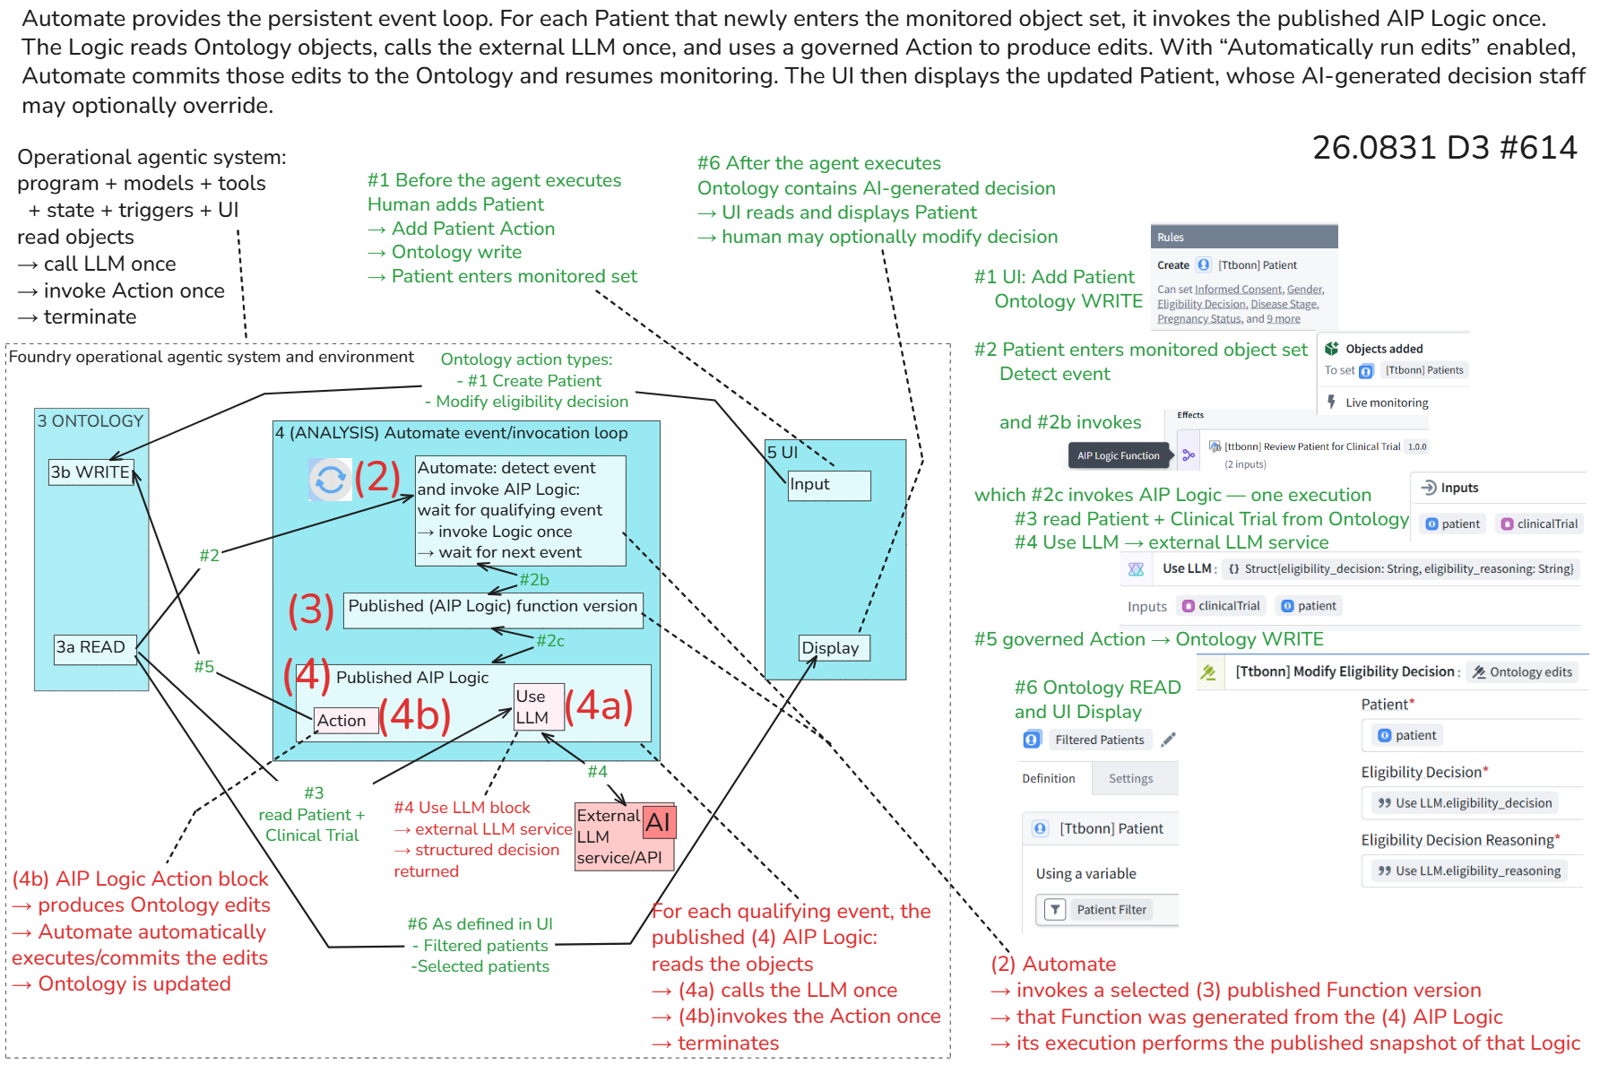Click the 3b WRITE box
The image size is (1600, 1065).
[x=91, y=472]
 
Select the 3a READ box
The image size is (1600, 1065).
[x=95, y=647]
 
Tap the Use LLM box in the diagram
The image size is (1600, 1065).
[x=539, y=706]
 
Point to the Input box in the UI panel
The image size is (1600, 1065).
[x=829, y=485]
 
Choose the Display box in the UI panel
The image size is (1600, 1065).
[x=834, y=648]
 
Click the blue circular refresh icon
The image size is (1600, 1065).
[x=330, y=479]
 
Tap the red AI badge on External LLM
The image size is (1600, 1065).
[x=659, y=822]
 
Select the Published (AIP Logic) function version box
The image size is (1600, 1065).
[x=493, y=610]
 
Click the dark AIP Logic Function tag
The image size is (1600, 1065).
[x=1119, y=455]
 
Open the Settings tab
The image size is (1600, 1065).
[x=1131, y=778]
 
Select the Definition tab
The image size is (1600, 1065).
[x=1049, y=778]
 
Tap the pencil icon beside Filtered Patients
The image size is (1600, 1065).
[x=1168, y=740]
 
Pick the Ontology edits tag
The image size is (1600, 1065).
[x=1522, y=672]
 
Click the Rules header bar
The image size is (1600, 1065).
[x=1244, y=237]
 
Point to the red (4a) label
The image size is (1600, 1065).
[x=599, y=706]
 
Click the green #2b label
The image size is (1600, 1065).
[x=534, y=580]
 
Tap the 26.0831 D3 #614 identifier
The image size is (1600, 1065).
[x=1444, y=148]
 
